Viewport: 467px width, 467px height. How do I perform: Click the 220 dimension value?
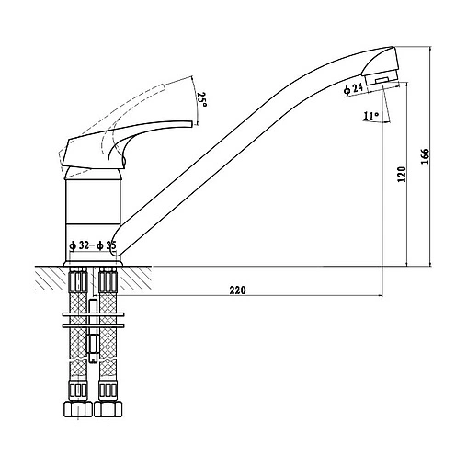click(x=237, y=290)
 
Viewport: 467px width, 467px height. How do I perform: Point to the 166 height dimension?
click(x=426, y=156)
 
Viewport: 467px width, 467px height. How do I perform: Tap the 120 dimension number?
click(x=402, y=174)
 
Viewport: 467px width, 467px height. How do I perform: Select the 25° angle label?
click(x=202, y=99)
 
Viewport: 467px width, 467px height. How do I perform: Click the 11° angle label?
click(x=371, y=116)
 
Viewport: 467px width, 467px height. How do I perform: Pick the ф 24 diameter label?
click(x=353, y=89)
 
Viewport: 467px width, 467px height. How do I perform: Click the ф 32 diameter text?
click(x=79, y=245)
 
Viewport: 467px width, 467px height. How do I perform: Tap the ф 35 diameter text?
click(x=106, y=245)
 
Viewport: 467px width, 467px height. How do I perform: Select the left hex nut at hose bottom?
click(x=78, y=409)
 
